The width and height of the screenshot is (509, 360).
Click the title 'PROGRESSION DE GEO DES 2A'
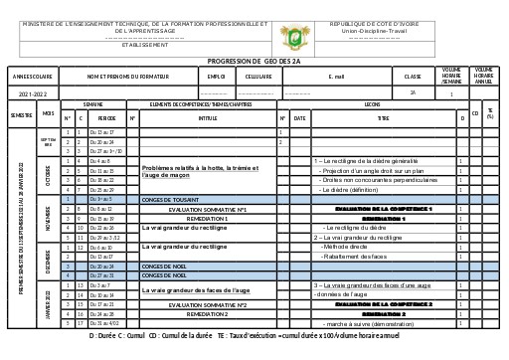point(254,61)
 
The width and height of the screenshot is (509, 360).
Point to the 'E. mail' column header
point(336,76)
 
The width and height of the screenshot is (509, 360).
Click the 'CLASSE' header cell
point(413,76)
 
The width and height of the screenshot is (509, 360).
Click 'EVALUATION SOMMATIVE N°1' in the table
point(207,210)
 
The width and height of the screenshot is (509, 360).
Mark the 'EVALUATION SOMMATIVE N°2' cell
point(207,304)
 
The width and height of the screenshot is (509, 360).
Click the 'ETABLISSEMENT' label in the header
point(144,44)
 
